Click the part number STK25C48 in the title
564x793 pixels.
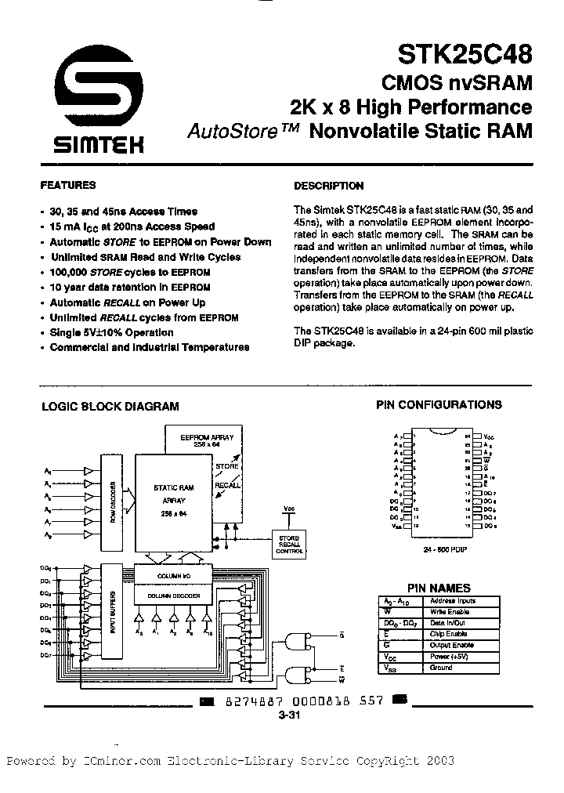click(465, 56)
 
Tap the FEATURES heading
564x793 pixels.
click(67, 186)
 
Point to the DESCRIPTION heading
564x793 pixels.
click(328, 186)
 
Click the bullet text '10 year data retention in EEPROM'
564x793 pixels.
click(130, 288)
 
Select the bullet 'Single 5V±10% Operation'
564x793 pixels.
click(111, 332)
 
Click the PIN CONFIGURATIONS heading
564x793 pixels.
click(439, 405)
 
